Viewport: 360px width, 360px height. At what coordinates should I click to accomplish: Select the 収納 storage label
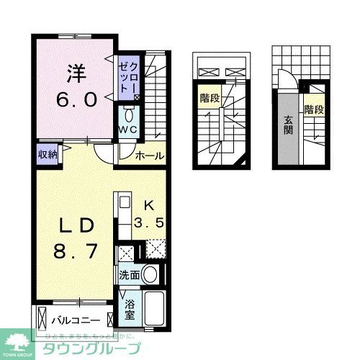(48, 153)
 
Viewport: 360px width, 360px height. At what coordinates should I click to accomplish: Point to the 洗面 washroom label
(129, 275)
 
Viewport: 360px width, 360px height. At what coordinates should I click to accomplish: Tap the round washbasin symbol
(150, 274)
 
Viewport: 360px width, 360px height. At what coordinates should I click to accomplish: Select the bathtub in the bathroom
(156, 309)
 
